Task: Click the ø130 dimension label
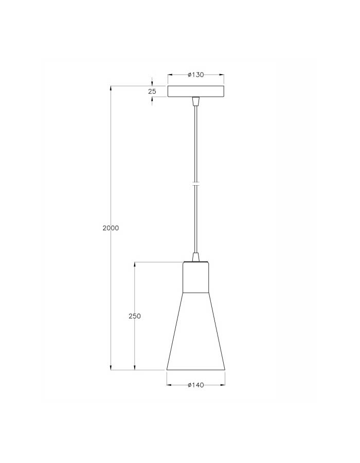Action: (196, 75)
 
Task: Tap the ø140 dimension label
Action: (196, 385)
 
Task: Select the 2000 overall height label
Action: (111, 228)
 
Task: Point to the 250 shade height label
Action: (135, 316)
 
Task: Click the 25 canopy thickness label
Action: (152, 92)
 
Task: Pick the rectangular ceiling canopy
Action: (196, 91)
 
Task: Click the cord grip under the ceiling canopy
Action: (195, 101)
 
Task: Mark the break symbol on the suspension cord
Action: (195, 184)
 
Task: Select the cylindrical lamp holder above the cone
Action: (196, 277)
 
